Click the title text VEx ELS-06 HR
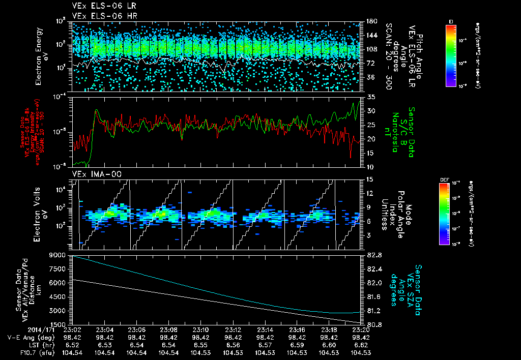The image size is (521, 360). (98, 16)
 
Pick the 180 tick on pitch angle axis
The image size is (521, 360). (370, 21)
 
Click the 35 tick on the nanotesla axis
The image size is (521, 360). (370, 97)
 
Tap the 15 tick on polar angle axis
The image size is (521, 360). (370, 179)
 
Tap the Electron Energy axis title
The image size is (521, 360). (41, 56)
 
